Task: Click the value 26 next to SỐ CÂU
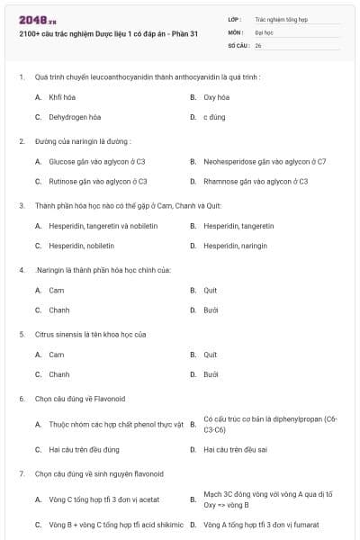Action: pos(258,44)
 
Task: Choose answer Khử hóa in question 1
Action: pos(61,96)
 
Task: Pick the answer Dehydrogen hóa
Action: pos(75,117)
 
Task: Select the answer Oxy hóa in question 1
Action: pos(216,96)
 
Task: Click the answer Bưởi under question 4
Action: pos(211,310)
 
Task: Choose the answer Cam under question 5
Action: pos(56,355)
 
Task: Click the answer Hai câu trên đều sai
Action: pos(236,449)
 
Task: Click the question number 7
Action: pos(21,473)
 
